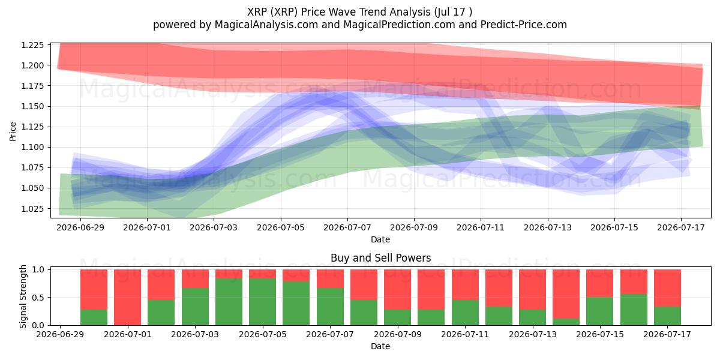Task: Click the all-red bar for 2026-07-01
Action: coord(128,298)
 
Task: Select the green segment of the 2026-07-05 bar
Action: coord(263,302)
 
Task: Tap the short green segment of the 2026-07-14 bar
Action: coord(566,322)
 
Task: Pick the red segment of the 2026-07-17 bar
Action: coord(667,288)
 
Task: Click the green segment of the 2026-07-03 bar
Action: coord(195,307)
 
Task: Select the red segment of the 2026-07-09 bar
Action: coord(397,289)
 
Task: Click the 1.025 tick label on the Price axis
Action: coord(32,209)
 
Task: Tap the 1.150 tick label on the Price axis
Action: coord(32,106)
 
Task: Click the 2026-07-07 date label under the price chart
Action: coord(347,227)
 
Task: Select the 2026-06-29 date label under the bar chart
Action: coord(60,334)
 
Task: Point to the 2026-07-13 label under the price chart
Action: coord(548,227)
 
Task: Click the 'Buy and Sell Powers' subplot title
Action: coord(380,258)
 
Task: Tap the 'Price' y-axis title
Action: coord(13,131)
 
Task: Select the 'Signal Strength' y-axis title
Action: coord(23,296)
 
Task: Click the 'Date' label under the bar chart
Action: coord(380,346)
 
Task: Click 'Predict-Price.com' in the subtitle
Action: coord(524,25)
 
